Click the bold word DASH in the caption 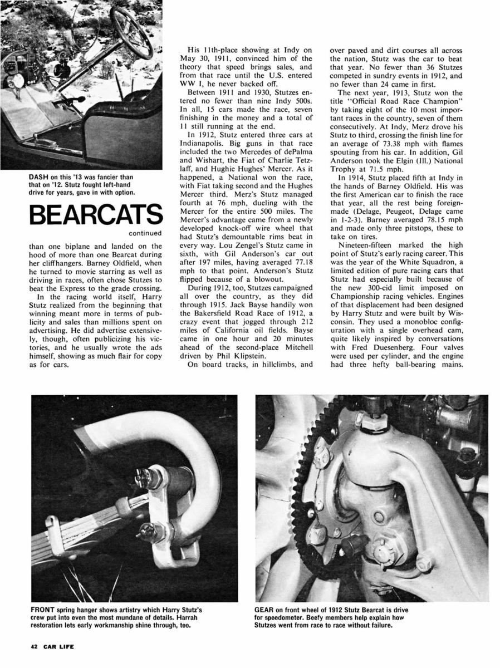(37, 178)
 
